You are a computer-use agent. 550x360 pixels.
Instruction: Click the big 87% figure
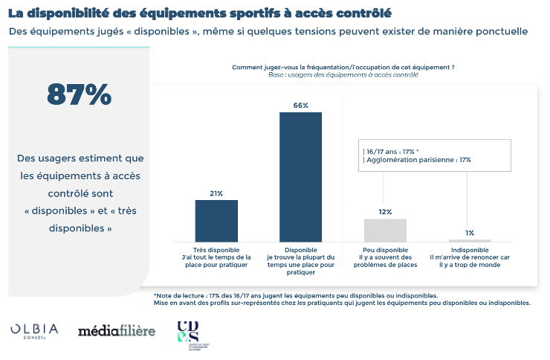80,94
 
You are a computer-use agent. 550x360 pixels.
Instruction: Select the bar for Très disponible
216,221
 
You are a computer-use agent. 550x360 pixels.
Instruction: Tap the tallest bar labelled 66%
300,177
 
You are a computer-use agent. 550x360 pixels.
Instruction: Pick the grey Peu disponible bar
385,230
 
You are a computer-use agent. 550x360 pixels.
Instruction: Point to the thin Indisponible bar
470,240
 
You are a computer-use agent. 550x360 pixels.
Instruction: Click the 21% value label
216,193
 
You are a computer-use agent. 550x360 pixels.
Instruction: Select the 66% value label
300,106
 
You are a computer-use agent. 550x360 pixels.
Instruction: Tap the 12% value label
385,212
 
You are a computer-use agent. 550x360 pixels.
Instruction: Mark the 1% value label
470,233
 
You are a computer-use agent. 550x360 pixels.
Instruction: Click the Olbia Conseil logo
34,330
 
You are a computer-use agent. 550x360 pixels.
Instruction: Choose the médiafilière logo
117,330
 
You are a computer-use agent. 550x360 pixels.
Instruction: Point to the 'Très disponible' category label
216,250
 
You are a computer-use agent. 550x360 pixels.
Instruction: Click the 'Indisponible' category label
470,250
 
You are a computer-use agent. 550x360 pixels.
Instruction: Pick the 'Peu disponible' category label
385,250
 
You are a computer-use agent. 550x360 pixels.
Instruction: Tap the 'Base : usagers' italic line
343,74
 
